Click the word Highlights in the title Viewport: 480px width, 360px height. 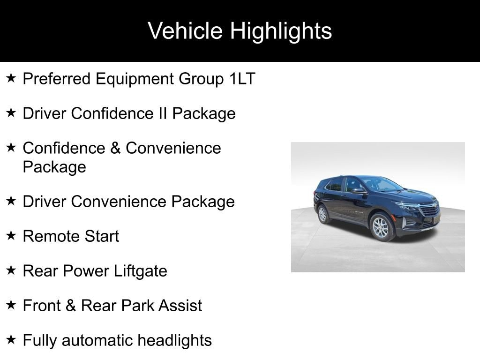click(281, 32)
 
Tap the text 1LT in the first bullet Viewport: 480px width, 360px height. click(242, 79)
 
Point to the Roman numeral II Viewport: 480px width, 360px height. click(163, 113)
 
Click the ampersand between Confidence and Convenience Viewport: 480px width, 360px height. click(115, 148)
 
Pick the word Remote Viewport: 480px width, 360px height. click(51, 236)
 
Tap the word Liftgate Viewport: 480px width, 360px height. click(141, 271)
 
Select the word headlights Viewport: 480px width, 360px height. click(174, 341)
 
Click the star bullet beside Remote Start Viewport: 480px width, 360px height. click(11, 235)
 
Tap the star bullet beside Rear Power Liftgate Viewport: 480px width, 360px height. click(11, 270)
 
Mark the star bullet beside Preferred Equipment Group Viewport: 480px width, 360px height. click(11, 78)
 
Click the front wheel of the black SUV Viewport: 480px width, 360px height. click(381, 227)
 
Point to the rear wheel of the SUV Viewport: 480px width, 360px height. click(322, 214)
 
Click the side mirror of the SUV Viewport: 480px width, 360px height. click(360, 191)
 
